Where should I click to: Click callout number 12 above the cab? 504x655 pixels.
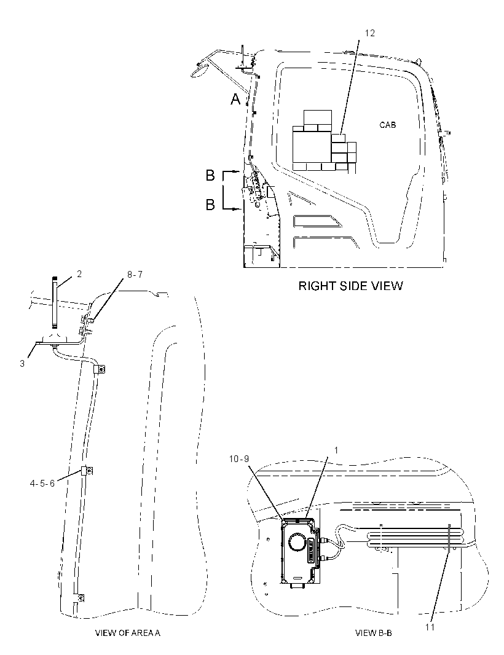370,33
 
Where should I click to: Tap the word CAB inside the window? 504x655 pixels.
387,125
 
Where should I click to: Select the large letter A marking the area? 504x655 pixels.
236,99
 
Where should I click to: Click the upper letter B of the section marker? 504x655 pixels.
210,176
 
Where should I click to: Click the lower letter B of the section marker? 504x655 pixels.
210,205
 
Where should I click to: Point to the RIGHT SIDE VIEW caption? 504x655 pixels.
350,286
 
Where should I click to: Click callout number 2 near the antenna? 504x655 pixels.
79,274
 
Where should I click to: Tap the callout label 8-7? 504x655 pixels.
135,275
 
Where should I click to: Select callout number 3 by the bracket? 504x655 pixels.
22,364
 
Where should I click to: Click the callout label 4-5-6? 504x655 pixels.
42,484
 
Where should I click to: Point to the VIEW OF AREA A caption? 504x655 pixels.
128,633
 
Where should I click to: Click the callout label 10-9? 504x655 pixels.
239,458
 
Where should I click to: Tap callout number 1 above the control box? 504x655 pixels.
336,450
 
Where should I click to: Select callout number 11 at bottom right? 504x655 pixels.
430,627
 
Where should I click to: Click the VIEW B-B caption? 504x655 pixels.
374,633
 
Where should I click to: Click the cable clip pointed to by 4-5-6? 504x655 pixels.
87,471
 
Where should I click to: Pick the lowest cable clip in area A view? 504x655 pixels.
79,598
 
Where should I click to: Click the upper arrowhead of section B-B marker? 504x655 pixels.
238,171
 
